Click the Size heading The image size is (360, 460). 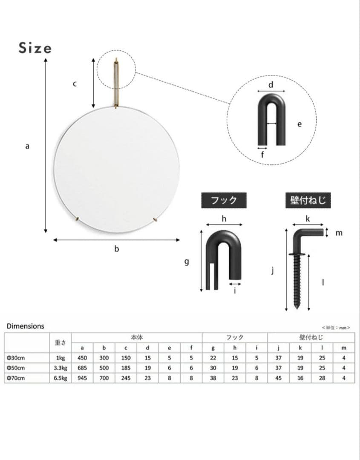point(35,48)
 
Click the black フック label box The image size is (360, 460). point(224,200)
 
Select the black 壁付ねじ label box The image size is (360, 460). point(308,200)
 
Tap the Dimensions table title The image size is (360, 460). point(26,326)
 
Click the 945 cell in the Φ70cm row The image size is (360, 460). point(82,378)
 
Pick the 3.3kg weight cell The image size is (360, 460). point(60,368)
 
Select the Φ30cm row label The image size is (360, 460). point(15,358)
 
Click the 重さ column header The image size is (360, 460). point(60,343)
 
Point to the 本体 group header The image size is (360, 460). point(136,338)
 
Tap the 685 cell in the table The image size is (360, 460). point(82,368)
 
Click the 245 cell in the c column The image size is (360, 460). point(126,378)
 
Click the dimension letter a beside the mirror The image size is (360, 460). point(27,146)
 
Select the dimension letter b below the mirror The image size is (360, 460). point(116,249)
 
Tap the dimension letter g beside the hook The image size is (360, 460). point(186,262)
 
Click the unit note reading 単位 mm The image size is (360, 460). point(336,328)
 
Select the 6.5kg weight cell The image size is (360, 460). point(60,378)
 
